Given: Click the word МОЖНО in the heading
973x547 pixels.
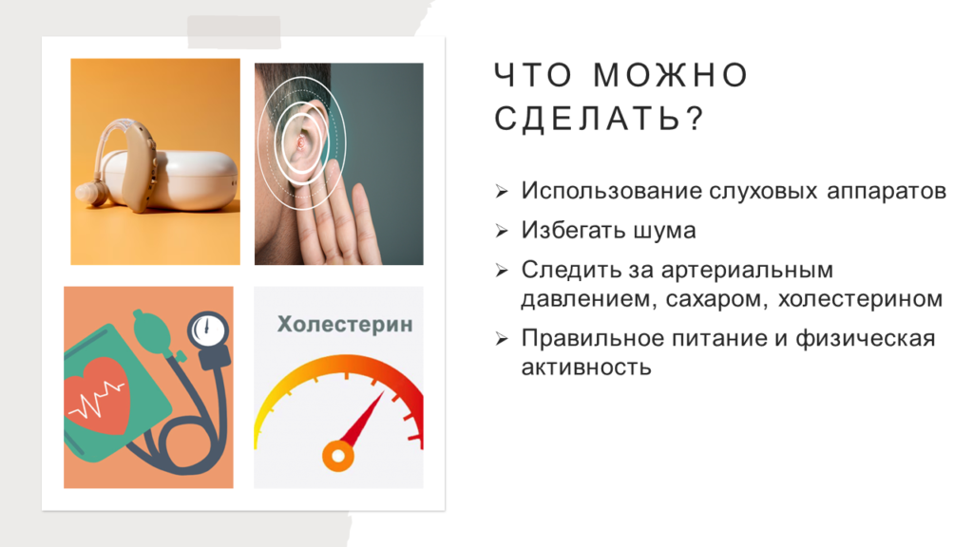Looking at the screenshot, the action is [671, 75].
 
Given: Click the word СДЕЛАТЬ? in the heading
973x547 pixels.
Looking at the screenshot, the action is [600, 118].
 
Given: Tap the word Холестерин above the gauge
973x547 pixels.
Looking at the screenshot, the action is [345, 324].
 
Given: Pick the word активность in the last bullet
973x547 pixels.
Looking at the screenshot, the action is [585, 368].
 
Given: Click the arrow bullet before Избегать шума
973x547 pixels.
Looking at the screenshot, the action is [502, 232].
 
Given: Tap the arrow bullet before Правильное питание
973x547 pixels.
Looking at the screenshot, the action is [502, 339].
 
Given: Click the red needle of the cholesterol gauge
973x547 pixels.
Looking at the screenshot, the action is [363, 419].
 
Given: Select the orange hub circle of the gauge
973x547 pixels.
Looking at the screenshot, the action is [338, 457].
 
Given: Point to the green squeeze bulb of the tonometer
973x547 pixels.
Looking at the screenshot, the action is [152, 330].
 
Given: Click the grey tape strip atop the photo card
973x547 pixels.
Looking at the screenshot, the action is [234, 32].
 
